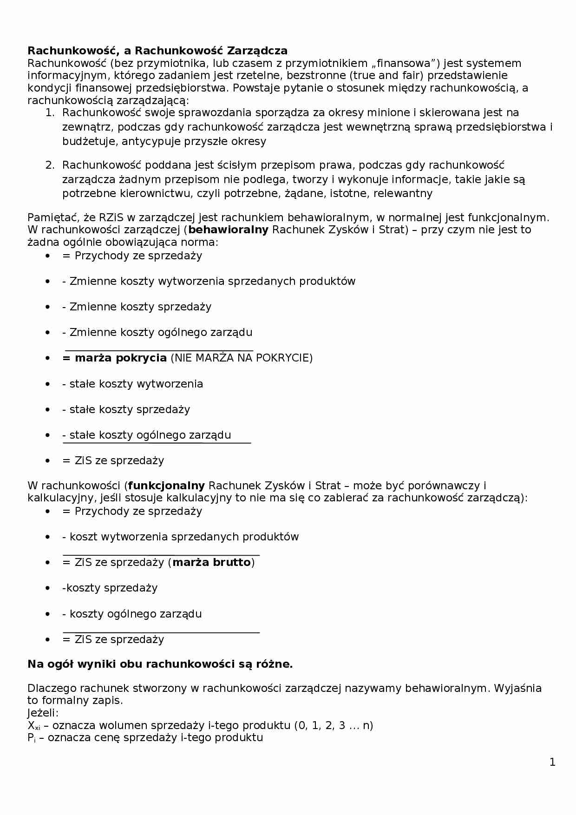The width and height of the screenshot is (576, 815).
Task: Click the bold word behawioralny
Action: [x=228, y=230]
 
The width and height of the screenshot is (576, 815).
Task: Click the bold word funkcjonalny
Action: [x=166, y=486]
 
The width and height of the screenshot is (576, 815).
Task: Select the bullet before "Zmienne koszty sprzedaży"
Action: [x=47, y=307]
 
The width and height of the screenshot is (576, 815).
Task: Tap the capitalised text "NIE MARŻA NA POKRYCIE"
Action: [x=242, y=358]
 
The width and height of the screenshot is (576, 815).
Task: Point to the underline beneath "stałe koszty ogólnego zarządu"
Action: [x=157, y=443]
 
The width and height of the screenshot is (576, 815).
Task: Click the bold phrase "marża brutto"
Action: [x=211, y=563]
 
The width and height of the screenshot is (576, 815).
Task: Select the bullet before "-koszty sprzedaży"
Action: [x=47, y=588]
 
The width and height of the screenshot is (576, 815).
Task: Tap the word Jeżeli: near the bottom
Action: [x=43, y=713]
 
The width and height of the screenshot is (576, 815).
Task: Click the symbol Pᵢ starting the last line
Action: [x=31, y=738]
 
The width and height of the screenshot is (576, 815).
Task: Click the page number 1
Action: [x=552, y=762]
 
